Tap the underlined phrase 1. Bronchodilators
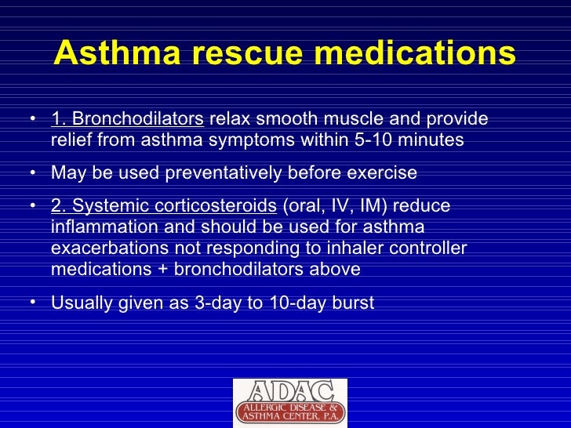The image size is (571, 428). pyautogui.click(x=127, y=119)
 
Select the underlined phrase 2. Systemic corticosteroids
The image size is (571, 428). pyautogui.click(x=164, y=206)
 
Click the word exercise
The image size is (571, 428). pyautogui.click(x=380, y=173)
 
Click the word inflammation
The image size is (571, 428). pyautogui.click(x=100, y=227)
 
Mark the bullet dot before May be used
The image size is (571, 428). pyautogui.click(x=32, y=172)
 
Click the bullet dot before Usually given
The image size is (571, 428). pyautogui.click(x=32, y=302)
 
